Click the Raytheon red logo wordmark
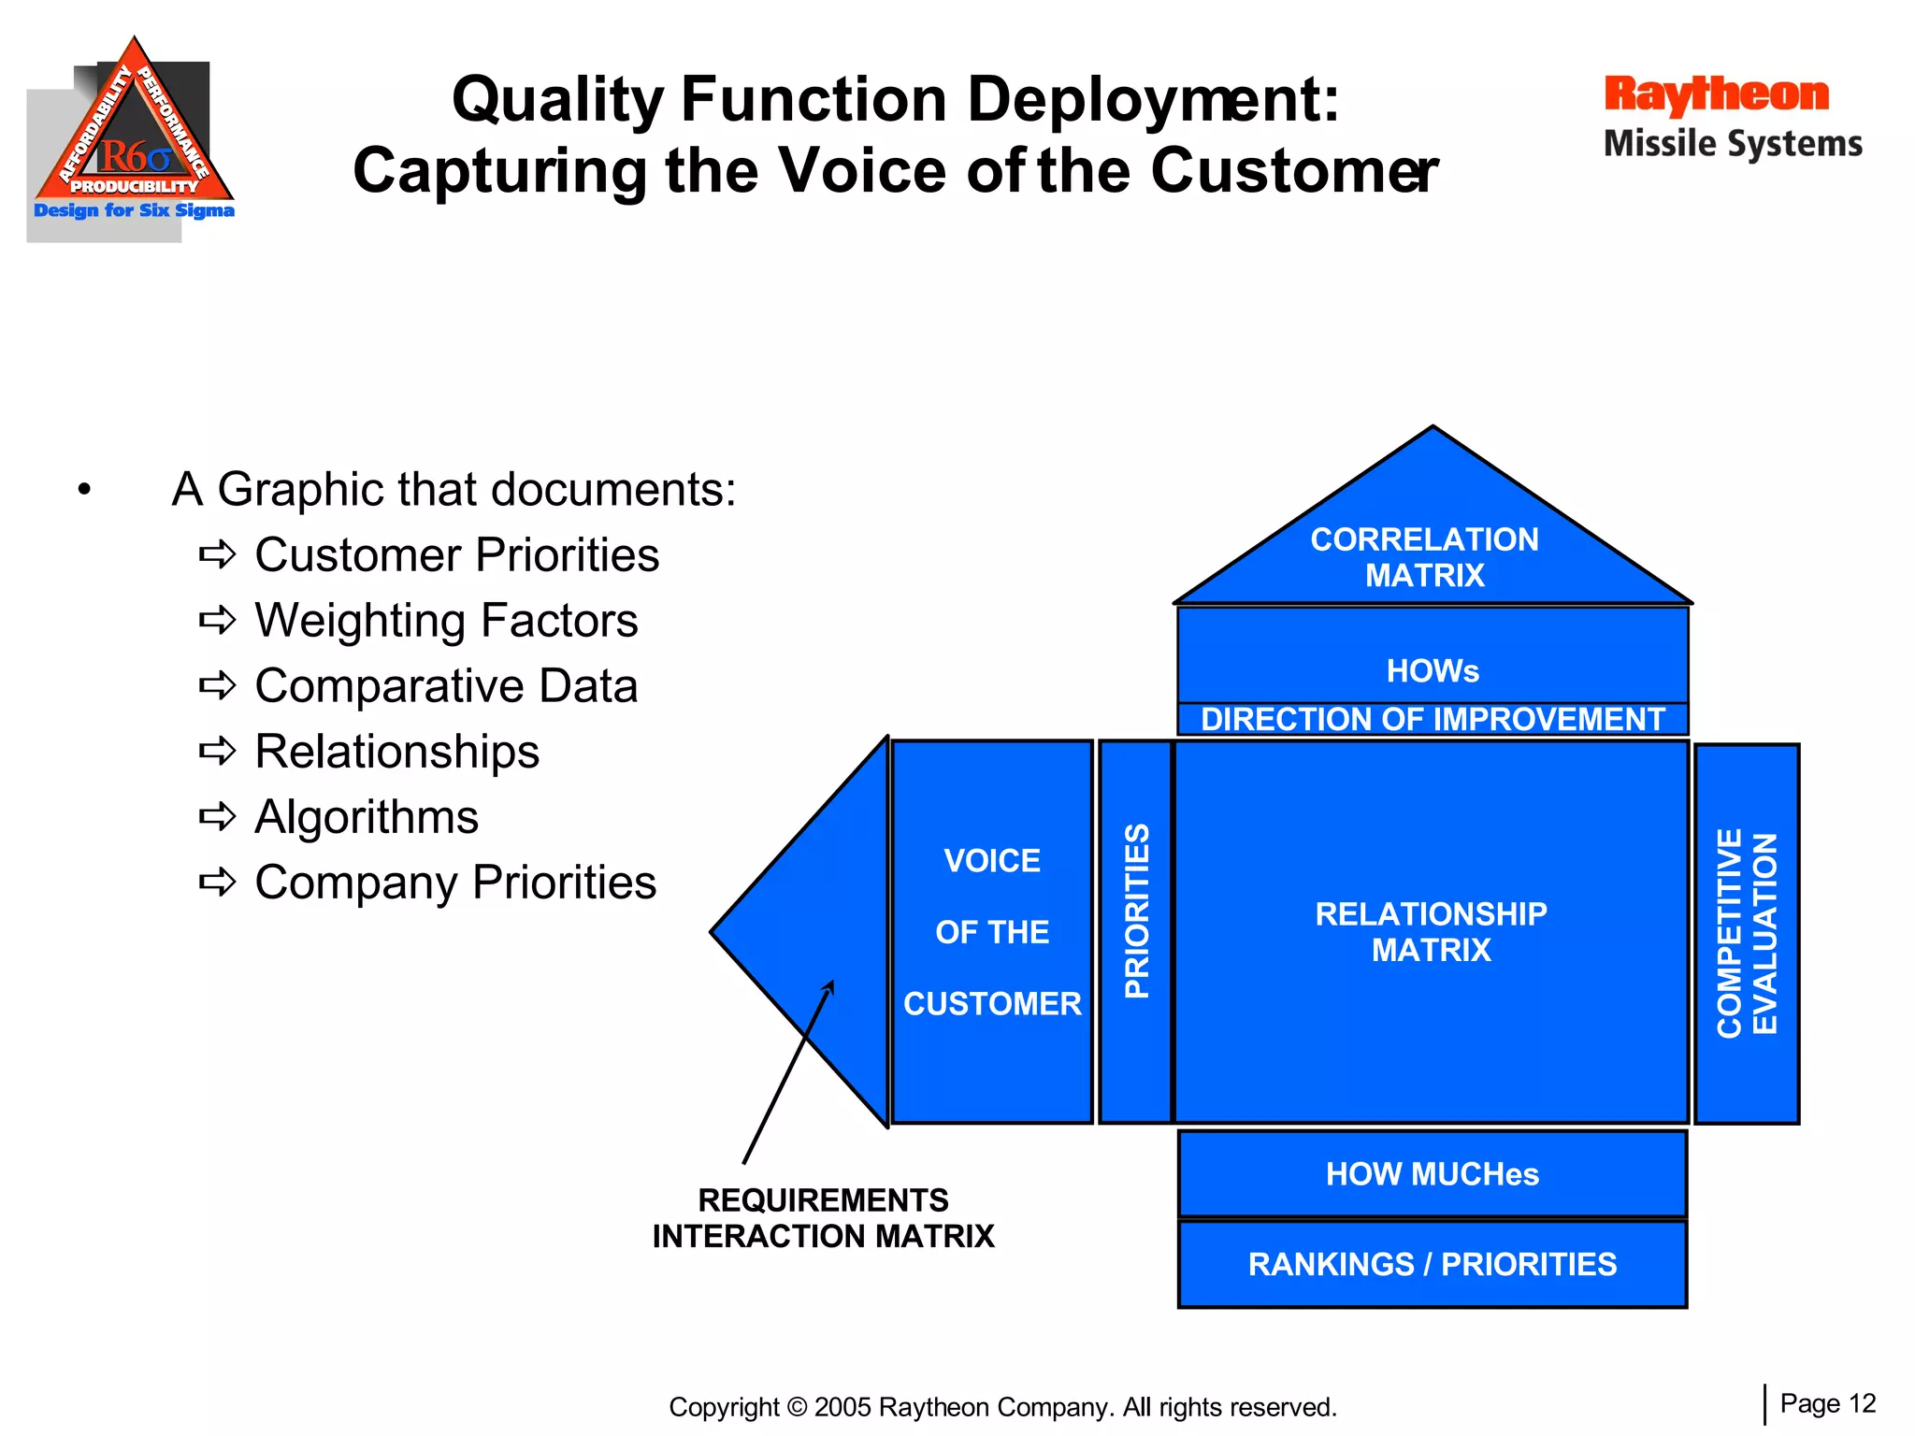click(1716, 95)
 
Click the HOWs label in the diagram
click(1433, 670)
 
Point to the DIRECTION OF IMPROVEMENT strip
click(1433, 719)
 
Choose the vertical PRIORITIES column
click(1135, 930)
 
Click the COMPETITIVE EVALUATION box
click(1747, 933)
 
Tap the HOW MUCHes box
click(1433, 1174)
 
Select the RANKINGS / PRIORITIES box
click(1433, 1264)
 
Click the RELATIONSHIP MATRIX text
click(1431, 931)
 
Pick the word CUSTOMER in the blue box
click(992, 1003)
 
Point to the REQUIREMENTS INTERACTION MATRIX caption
click(823, 1218)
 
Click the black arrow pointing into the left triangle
click(787, 1071)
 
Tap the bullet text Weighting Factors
click(446, 621)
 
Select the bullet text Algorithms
click(367, 817)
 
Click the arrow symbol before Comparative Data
click(218, 686)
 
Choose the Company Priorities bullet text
click(455, 883)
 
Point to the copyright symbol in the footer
click(797, 1407)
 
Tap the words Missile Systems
click(1733, 144)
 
